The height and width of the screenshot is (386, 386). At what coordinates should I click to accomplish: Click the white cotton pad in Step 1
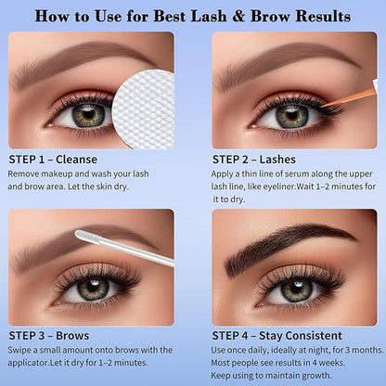(144, 109)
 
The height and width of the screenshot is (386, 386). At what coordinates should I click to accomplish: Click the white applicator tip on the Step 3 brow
(83, 236)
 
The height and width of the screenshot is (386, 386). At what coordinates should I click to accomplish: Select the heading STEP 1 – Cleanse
(53, 160)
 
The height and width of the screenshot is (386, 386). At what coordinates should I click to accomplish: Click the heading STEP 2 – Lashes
(254, 160)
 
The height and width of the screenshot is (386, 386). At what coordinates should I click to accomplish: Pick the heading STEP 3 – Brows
(49, 336)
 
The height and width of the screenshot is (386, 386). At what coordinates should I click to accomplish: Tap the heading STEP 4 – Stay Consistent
(277, 336)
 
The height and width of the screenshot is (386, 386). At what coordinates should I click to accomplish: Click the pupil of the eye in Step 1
(88, 115)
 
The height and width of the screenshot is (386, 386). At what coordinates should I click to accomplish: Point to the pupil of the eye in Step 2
(291, 116)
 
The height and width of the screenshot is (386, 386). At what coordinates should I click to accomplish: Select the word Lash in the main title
(209, 16)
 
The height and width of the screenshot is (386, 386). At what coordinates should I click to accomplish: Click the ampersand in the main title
(238, 17)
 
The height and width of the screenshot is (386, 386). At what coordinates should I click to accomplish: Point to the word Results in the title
(323, 16)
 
